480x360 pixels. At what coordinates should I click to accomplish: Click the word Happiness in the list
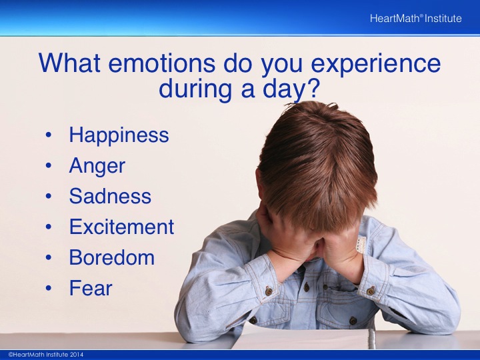point(119,135)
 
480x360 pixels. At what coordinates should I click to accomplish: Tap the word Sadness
point(110,196)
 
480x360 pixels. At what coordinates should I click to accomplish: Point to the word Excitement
point(121,227)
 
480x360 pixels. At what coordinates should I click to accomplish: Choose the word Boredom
point(112,257)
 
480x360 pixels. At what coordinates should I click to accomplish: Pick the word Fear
point(91,288)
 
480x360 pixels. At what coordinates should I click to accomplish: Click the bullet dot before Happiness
point(49,135)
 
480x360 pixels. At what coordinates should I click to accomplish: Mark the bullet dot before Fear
point(49,288)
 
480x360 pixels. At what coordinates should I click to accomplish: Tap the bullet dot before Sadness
point(49,196)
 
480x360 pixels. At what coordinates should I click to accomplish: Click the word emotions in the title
point(161,63)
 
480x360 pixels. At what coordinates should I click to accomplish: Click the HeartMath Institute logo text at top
point(416,19)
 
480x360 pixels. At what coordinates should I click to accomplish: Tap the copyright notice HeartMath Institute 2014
point(45,355)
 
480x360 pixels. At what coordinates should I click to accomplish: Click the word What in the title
point(69,63)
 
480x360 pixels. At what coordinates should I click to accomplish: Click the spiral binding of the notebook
point(371,339)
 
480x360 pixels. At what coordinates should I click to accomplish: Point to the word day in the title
point(285,89)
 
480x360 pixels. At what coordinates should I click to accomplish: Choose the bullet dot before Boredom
point(49,257)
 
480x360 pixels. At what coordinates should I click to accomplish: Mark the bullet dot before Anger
point(49,165)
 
